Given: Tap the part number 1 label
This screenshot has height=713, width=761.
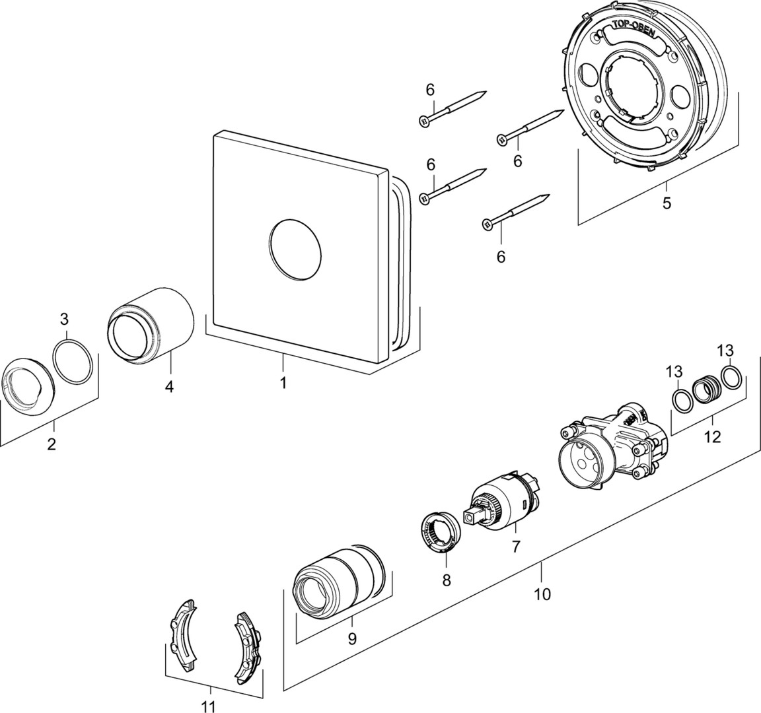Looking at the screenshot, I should pyautogui.click(x=283, y=382).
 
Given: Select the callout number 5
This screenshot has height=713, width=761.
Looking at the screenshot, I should pyautogui.click(x=667, y=202).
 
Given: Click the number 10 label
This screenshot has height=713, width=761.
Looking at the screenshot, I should pyautogui.click(x=542, y=594).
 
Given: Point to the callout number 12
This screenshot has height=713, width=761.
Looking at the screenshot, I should pyautogui.click(x=712, y=436).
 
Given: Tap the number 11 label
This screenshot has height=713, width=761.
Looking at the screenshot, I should pyautogui.click(x=208, y=707).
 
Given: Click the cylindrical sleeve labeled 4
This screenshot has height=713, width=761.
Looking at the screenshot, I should pyautogui.click(x=151, y=325).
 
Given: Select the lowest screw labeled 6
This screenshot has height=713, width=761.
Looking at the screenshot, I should pyautogui.click(x=515, y=212).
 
